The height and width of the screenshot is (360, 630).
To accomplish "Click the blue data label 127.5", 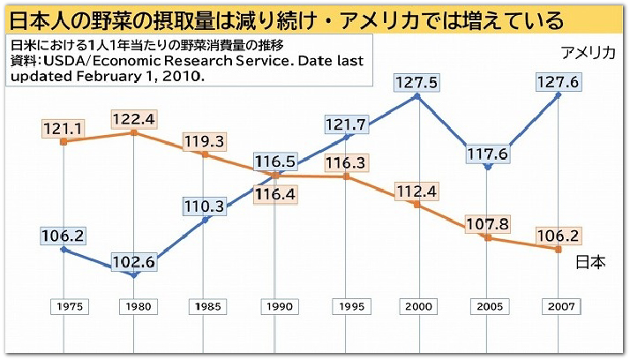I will (x=416, y=82).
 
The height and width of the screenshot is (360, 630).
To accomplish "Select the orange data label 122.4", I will (x=134, y=118).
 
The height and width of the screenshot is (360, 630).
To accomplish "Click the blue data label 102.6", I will (x=134, y=261).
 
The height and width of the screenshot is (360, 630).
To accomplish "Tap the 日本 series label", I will (x=590, y=262).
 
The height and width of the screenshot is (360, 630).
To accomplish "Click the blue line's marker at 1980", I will (x=134, y=275).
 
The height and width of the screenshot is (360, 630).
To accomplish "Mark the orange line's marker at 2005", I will (x=488, y=237).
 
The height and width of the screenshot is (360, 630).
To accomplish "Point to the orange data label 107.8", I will (x=488, y=223).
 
